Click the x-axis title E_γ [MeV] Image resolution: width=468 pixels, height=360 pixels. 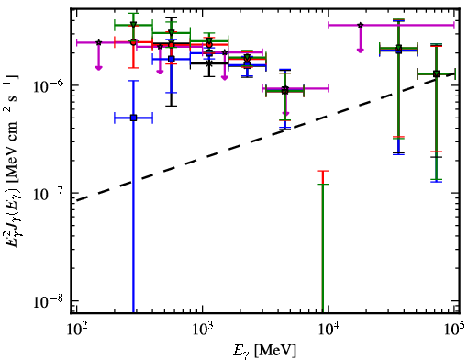point(264,351)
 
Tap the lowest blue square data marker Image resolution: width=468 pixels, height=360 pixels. point(133,118)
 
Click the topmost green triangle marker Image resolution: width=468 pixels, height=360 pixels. point(133,25)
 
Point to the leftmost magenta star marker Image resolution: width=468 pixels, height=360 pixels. point(98,42)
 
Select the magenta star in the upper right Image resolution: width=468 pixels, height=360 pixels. point(361,25)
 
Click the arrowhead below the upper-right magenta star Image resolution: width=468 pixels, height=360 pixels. point(361,50)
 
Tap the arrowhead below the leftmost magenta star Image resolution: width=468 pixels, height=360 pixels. point(98,67)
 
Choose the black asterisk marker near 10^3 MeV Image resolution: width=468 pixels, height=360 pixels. point(209,63)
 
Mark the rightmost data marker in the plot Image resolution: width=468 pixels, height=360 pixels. point(437,73)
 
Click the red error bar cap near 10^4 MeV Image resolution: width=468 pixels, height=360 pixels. point(323,171)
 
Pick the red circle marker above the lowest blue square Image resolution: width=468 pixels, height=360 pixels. point(133,42)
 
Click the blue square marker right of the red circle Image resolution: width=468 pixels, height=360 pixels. point(172,59)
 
